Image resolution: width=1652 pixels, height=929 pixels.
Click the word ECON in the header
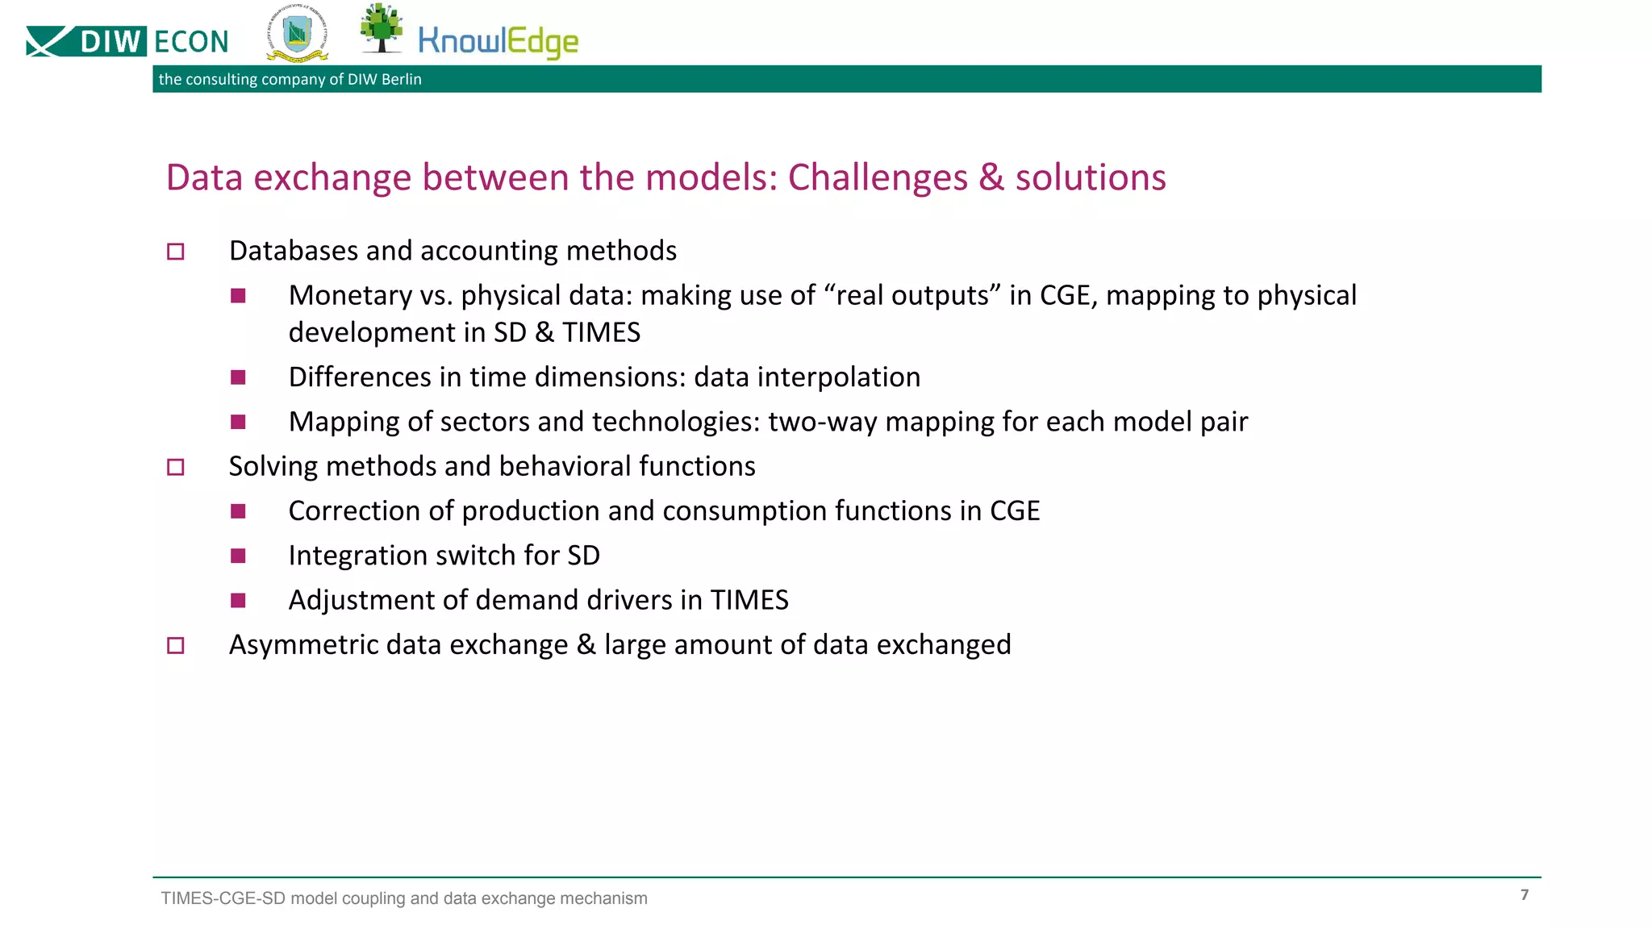click(x=191, y=42)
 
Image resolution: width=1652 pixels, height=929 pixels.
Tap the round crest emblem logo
click(x=297, y=34)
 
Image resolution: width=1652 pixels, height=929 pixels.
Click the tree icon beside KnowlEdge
click(x=381, y=27)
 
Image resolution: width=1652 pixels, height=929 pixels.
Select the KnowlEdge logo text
click(x=498, y=42)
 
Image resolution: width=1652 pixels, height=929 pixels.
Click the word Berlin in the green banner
click(x=401, y=79)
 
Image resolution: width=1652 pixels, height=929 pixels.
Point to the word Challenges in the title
click(x=877, y=177)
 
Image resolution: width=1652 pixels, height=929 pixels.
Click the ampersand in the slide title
click(x=991, y=177)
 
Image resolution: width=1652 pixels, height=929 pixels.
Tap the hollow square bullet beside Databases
click(x=175, y=252)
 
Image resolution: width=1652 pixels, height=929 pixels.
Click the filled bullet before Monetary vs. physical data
click(x=238, y=296)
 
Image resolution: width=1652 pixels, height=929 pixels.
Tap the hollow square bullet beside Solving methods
click(x=175, y=467)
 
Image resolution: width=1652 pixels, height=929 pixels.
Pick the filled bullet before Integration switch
click(x=238, y=556)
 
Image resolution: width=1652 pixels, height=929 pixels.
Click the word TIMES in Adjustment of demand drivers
click(x=749, y=600)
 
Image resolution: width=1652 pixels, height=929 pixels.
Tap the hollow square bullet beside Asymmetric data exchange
click(x=175, y=645)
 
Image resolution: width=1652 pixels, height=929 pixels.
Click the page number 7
click(x=1524, y=894)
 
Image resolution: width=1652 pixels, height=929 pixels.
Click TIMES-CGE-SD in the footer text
click(x=223, y=898)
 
